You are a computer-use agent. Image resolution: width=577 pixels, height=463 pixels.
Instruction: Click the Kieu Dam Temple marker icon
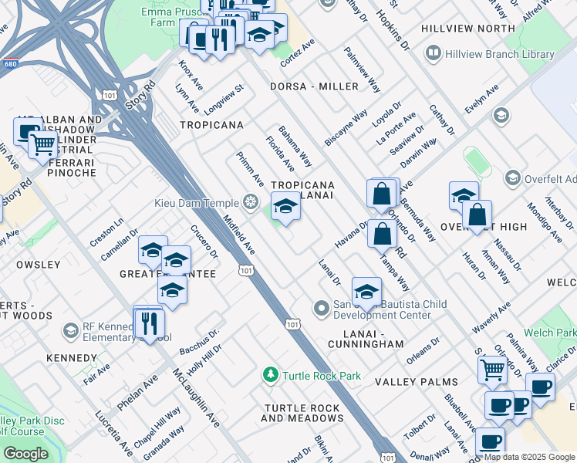coord(250,202)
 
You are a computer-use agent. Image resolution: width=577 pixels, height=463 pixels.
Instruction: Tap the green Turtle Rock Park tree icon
coord(270,376)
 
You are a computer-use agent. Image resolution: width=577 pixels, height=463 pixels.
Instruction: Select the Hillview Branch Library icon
coord(433,54)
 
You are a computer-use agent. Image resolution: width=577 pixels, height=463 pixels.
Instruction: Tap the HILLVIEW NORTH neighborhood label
coord(467,29)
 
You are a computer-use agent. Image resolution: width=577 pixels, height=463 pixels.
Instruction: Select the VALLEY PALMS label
coord(416,382)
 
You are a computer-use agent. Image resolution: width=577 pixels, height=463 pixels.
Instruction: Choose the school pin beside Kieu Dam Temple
coord(285,208)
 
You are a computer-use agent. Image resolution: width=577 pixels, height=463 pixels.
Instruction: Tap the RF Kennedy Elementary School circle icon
coord(71,331)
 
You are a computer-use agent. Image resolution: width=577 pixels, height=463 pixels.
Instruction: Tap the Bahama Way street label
coord(295,147)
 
